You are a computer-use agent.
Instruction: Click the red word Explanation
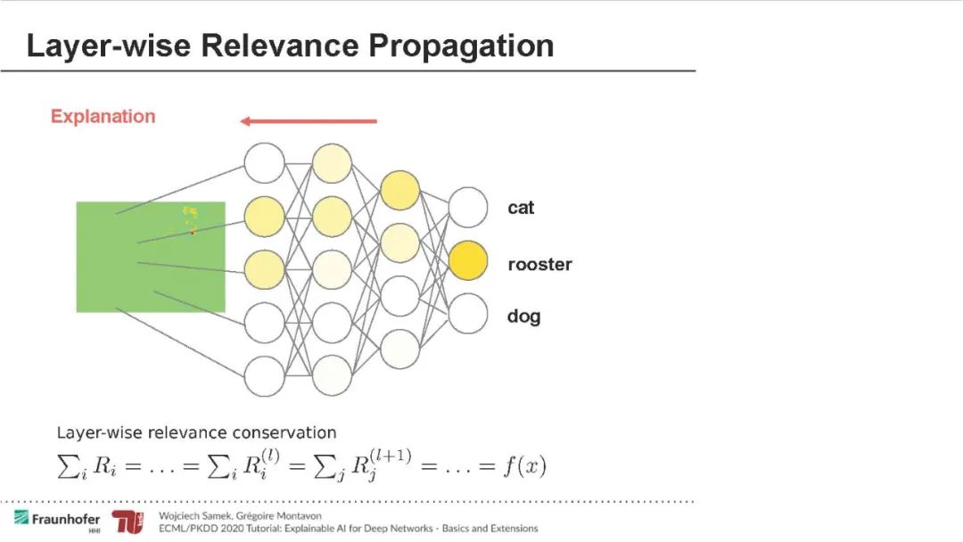click(103, 117)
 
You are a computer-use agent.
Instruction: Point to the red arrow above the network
click(309, 121)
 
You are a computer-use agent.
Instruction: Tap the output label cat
click(521, 208)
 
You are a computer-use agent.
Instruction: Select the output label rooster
click(539, 265)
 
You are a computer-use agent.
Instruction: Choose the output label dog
click(523, 316)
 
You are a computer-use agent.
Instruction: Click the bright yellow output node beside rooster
click(468, 261)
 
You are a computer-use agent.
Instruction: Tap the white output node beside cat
click(468, 208)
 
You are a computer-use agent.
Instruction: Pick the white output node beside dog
click(468, 315)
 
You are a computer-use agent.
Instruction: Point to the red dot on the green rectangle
click(192, 233)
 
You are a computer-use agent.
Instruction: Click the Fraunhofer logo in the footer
click(57, 519)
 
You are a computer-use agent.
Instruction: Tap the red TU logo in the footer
click(128, 522)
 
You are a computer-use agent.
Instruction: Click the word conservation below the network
click(284, 433)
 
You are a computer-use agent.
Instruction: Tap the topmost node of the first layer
click(264, 163)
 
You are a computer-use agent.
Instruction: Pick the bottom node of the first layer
click(264, 375)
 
